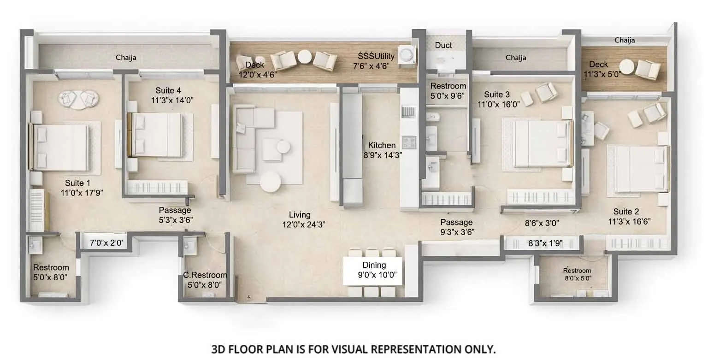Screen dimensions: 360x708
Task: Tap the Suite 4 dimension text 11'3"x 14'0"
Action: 172,100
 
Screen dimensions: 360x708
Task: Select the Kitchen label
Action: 382,146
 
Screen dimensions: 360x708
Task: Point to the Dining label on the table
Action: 374,266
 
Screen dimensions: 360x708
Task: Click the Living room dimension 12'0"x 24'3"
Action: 300,225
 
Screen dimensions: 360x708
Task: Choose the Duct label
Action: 443,45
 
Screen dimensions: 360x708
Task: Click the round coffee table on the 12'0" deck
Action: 305,58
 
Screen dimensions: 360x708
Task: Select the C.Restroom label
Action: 205,276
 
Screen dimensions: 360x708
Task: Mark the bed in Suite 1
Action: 60,147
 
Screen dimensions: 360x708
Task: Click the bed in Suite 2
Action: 638,169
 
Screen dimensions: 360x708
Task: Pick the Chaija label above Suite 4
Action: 126,58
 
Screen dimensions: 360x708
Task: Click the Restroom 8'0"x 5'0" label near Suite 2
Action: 577,274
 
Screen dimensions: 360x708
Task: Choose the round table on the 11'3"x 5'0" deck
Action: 626,64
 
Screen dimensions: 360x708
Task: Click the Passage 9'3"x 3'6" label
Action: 457,227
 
